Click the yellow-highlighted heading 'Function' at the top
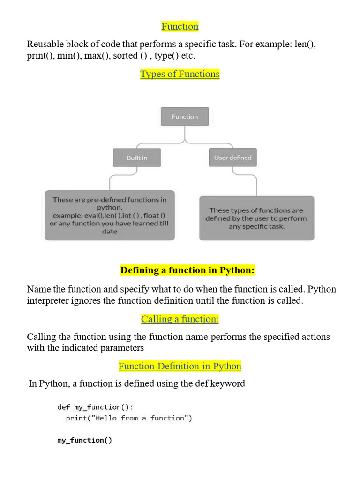[180, 26]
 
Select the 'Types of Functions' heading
[180, 74]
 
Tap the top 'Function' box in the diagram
[185, 116]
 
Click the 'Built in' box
[137, 157]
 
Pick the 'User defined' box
[232, 157]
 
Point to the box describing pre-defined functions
[110, 215]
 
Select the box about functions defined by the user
[256, 218]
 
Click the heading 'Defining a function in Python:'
[187, 270]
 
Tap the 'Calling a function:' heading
[180, 319]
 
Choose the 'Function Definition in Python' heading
[180, 366]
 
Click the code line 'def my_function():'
[95, 407]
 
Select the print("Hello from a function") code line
[129, 418]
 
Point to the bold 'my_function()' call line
[85, 440]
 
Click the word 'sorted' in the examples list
[126, 56]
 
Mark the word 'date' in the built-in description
[110, 232]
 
